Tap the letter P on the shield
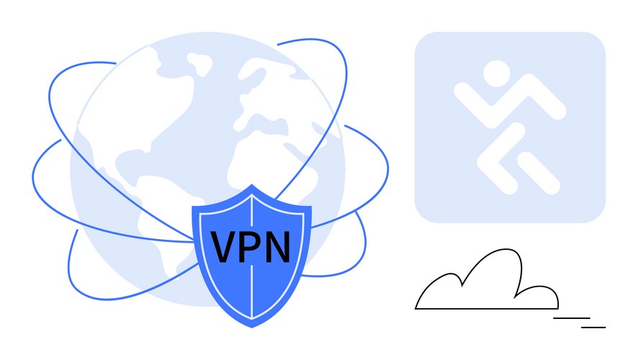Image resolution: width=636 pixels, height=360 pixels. click(251, 246)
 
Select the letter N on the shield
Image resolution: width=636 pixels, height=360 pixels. click(278, 246)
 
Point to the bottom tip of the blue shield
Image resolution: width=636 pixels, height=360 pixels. click(252, 327)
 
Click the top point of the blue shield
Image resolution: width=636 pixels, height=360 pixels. click(252, 185)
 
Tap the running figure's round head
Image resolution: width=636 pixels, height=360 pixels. click(497, 73)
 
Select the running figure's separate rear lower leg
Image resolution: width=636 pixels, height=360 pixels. click(539, 173)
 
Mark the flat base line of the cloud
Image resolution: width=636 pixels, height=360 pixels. click(486, 309)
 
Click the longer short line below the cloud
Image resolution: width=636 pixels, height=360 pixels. click(571, 318)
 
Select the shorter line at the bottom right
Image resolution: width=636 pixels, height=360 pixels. click(594, 327)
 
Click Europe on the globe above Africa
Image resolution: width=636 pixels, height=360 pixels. click(264, 94)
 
